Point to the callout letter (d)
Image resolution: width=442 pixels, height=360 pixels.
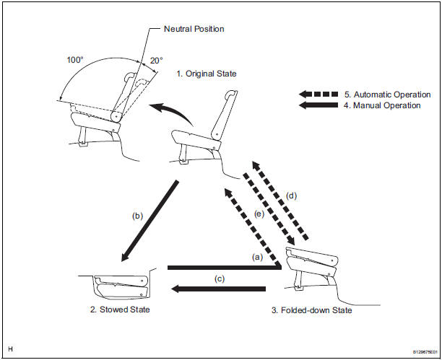tap(291, 196)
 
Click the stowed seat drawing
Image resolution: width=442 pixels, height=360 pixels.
tap(123, 286)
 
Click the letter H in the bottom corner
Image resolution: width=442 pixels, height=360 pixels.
tap(9, 350)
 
